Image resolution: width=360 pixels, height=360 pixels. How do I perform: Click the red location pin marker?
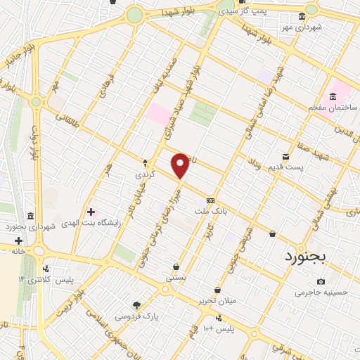(181, 166)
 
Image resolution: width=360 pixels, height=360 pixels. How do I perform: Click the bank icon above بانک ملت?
(210, 200)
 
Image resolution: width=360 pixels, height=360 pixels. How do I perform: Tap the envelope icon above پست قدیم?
(285, 156)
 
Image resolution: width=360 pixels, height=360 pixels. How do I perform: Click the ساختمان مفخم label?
(333, 108)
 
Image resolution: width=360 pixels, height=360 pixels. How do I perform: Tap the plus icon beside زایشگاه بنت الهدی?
(91, 211)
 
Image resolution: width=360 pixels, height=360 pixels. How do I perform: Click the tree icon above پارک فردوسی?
(137, 305)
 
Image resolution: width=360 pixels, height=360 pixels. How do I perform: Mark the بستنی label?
(175, 278)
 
